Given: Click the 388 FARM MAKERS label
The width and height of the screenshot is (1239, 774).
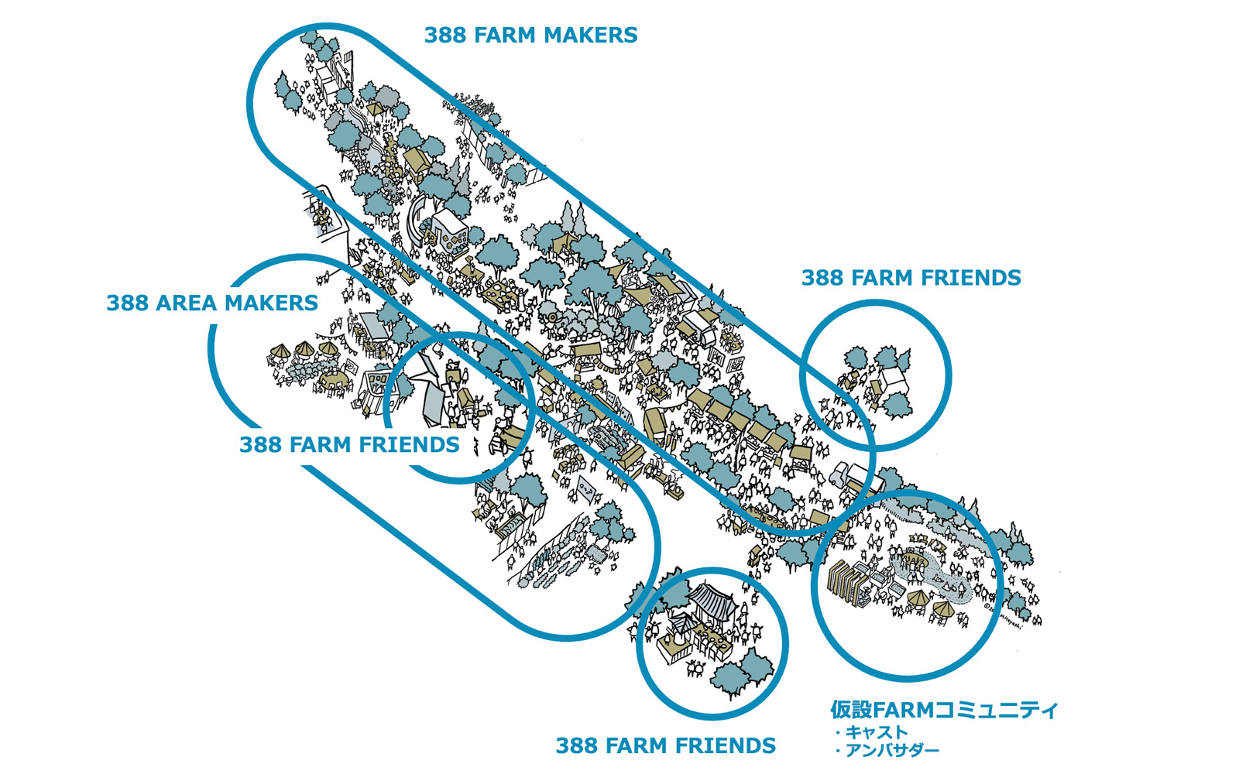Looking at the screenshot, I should tap(530, 36).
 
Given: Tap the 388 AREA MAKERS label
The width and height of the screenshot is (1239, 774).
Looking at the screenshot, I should tap(211, 303).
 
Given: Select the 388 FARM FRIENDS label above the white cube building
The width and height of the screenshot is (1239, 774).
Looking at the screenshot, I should tap(911, 278).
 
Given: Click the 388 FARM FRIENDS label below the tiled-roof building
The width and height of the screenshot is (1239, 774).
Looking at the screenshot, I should tap(665, 745).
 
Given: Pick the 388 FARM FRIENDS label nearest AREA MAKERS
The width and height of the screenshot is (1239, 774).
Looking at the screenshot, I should tap(348, 445).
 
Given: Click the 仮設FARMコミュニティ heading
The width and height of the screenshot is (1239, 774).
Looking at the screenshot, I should tap(943, 710).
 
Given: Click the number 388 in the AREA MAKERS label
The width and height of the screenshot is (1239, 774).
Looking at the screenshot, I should tap(127, 303).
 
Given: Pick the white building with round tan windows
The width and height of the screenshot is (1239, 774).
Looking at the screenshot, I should tap(449, 232).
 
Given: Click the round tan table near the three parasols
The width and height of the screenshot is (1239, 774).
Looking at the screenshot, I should tap(332, 380).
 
